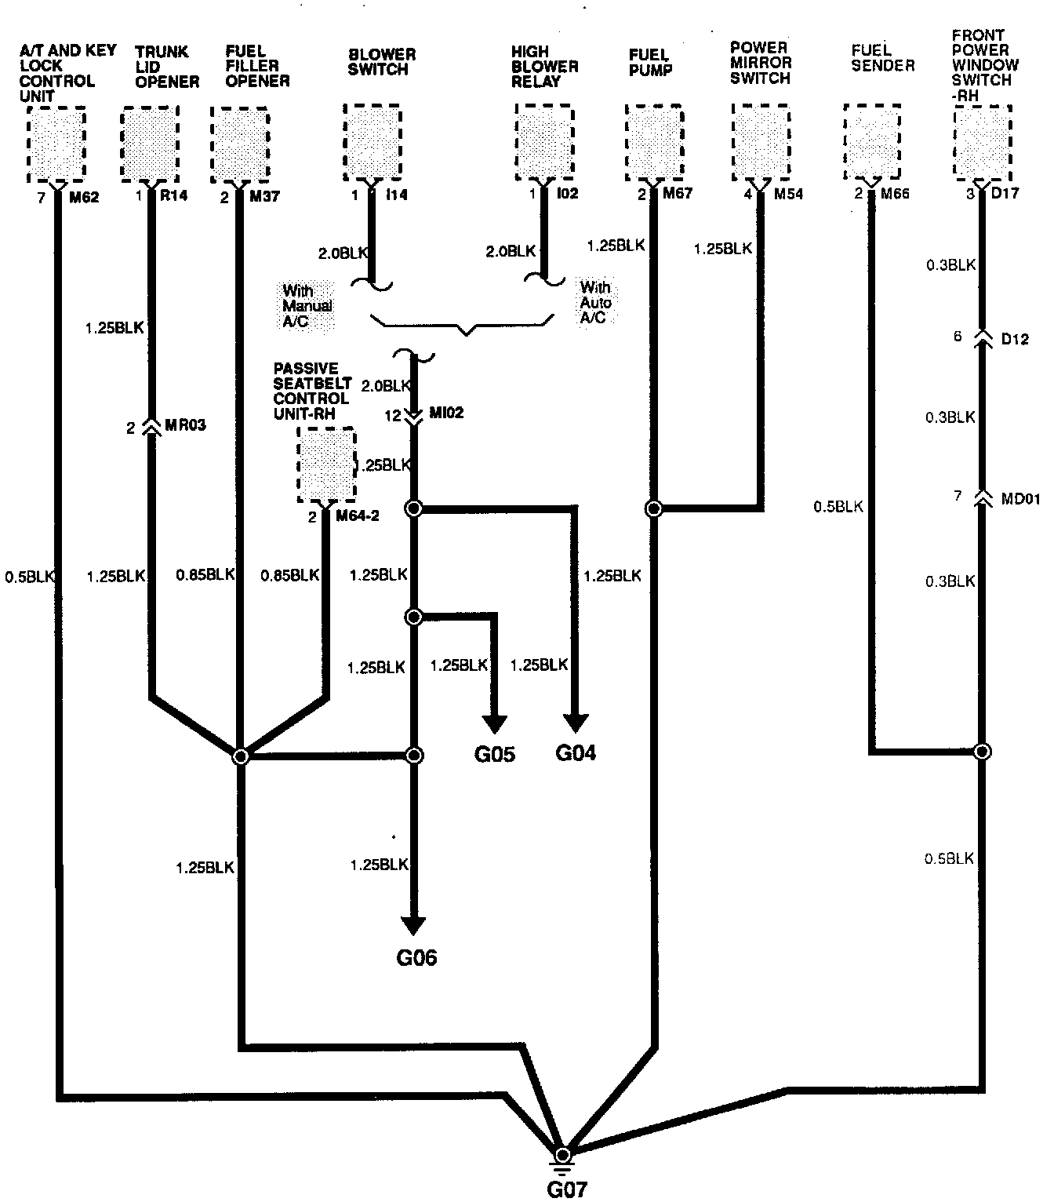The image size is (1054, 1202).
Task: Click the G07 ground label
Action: click(x=566, y=1189)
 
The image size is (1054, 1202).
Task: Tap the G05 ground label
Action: click(x=495, y=754)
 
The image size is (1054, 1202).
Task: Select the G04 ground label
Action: click(x=576, y=753)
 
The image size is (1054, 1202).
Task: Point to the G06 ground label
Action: click(x=416, y=957)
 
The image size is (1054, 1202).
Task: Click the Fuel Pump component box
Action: click(x=654, y=143)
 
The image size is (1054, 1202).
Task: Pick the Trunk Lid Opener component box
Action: click(x=149, y=145)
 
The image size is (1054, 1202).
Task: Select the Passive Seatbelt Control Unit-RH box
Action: click(x=326, y=465)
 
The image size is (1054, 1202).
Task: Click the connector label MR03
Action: click(x=186, y=426)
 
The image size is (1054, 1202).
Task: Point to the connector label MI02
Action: click(x=446, y=413)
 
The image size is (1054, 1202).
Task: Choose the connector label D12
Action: click(x=1015, y=339)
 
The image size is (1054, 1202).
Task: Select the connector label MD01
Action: click(x=1020, y=498)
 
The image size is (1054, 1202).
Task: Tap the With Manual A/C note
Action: click(x=307, y=306)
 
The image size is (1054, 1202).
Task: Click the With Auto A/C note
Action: click(x=595, y=303)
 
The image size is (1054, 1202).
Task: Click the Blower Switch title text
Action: click(x=382, y=62)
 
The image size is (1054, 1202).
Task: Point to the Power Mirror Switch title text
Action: click(x=761, y=63)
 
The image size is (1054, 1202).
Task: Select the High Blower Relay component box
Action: click(x=544, y=143)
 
